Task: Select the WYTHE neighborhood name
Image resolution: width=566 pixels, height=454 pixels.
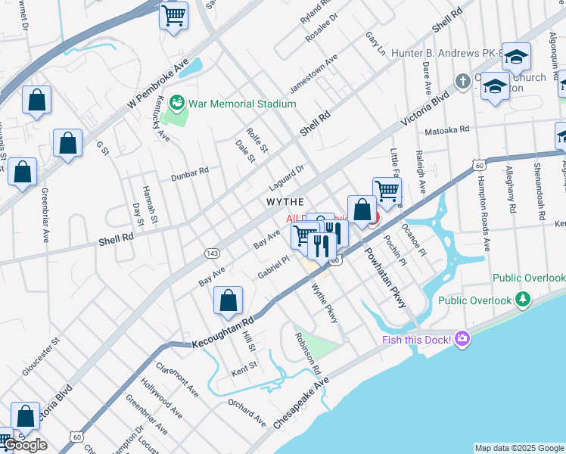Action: (285, 202)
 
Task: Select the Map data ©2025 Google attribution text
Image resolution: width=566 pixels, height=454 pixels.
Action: (518, 448)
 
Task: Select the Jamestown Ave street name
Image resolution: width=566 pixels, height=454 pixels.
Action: (313, 75)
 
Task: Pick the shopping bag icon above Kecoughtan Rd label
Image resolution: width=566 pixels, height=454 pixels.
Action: (228, 300)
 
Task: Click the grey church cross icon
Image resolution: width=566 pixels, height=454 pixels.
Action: (462, 80)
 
